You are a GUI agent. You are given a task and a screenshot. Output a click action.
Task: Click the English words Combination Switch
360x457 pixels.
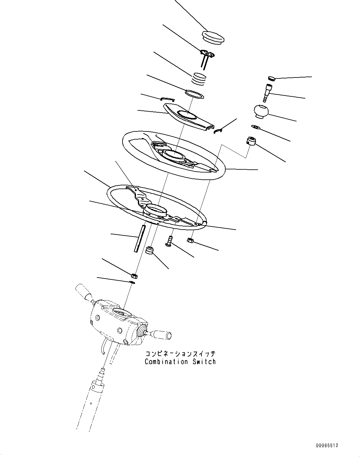[180, 362]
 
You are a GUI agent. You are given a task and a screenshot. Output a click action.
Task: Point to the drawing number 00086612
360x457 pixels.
[327, 445]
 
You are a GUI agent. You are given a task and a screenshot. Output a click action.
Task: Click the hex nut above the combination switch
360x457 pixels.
[133, 276]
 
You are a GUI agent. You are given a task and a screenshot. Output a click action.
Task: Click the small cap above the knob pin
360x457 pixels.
[272, 78]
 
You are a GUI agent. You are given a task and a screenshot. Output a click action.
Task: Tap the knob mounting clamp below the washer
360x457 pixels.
[251, 141]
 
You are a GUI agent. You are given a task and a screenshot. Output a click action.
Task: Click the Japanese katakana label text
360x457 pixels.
[180, 354]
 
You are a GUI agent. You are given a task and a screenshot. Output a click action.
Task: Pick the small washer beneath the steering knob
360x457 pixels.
[255, 127]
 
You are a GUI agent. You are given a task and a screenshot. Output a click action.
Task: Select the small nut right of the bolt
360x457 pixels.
[190, 241]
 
